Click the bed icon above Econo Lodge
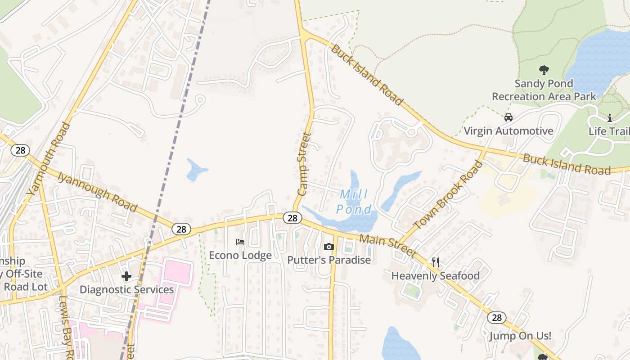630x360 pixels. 240,242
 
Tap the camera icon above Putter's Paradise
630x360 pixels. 329,247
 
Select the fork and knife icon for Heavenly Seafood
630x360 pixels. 435,262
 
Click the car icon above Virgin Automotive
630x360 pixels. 508,117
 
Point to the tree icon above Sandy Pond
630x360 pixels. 544,70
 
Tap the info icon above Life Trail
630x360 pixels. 610,118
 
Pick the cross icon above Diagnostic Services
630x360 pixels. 126,276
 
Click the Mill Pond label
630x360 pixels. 355,202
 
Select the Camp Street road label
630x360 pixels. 305,164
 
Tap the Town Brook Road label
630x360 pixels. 448,195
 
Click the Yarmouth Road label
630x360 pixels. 49,158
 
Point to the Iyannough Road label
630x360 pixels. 97,191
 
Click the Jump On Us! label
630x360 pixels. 520,336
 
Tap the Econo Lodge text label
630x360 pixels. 240,255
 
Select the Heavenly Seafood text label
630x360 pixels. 435,275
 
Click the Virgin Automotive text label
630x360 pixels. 508,131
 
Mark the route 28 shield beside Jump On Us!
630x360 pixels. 496,318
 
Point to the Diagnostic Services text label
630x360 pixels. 126,289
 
